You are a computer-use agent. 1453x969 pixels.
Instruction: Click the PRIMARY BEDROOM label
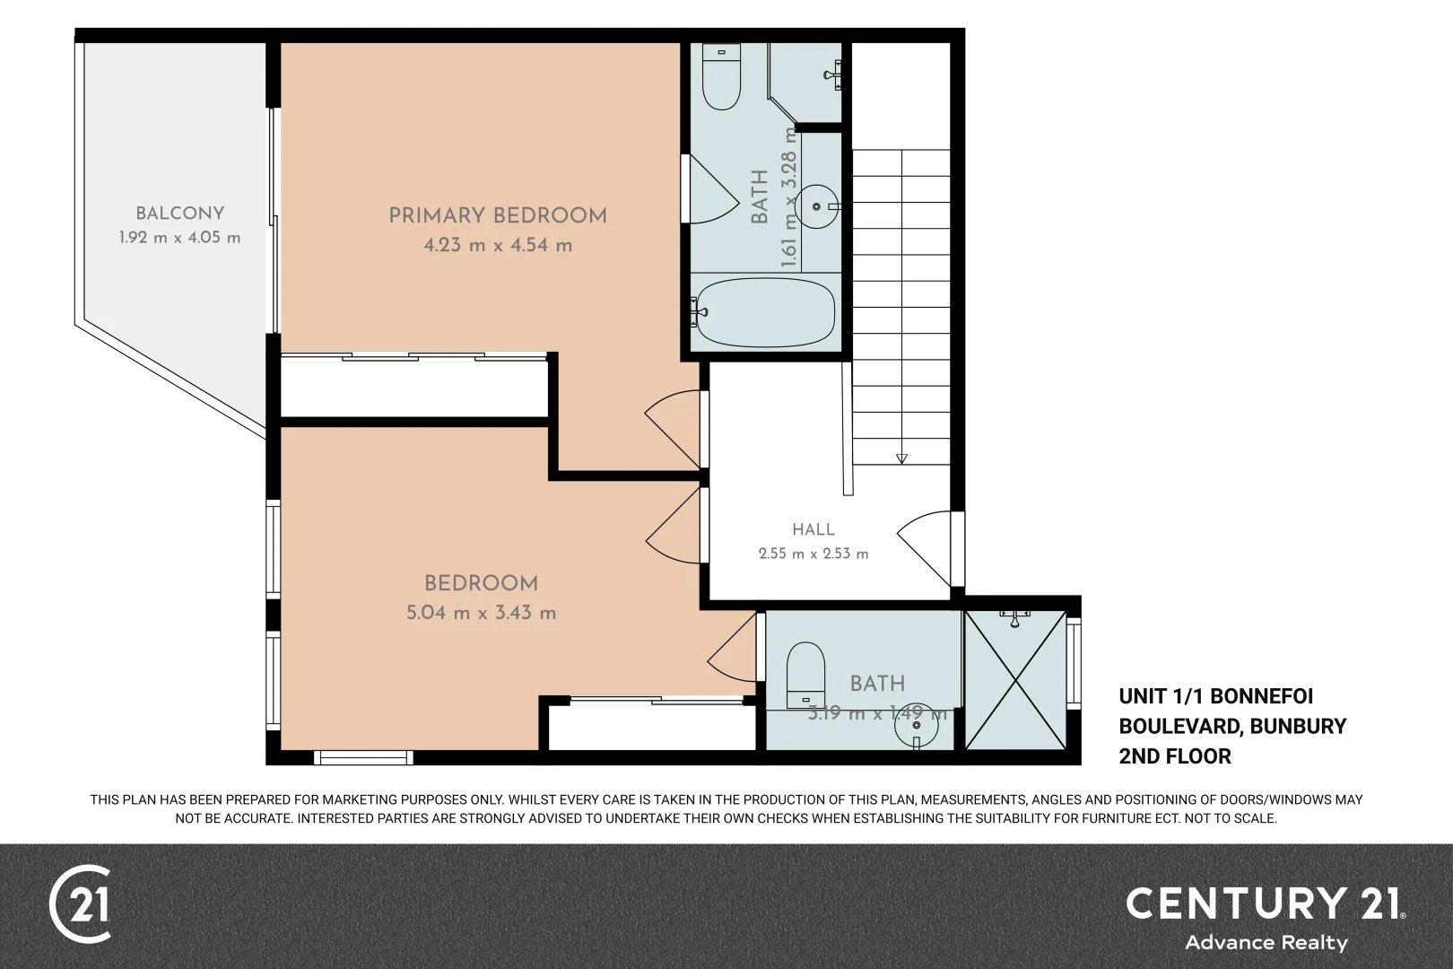click(x=498, y=216)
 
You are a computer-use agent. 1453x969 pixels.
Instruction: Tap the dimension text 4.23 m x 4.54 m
click(x=498, y=245)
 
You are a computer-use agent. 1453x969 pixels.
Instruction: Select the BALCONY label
click(x=179, y=214)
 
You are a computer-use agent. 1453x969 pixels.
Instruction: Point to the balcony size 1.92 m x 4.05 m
click(x=179, y=238)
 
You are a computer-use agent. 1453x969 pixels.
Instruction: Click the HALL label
click(x=814, y=529)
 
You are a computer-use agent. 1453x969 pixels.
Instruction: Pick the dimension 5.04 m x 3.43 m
click(x=482, y=613)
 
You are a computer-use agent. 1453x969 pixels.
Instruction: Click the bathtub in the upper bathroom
click(x=765, y=313)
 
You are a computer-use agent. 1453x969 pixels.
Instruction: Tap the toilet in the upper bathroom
click(x=721, y=76)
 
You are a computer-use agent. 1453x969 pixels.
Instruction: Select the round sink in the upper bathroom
click(x=817, y=206)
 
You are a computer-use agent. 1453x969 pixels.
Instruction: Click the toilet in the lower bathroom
click(x=805, y=675)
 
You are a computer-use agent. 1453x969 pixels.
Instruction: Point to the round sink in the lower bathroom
click(x=916, y=726)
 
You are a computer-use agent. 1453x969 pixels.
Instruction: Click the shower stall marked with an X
click(x=1015, y=679)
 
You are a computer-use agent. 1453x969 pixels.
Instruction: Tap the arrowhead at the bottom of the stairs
click(x=901, y=458)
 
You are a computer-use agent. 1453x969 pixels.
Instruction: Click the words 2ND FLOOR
click(x=1175, y=756)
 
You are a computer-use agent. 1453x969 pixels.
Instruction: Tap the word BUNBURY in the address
click(x=1298, y=726)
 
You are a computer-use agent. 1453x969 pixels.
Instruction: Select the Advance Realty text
click(x=1266, y=942)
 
